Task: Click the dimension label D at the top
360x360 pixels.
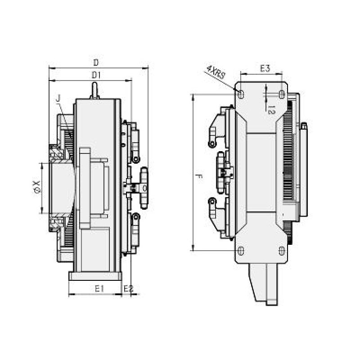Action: [x=95, y=62]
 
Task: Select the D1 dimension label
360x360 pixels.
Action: [x=95, y=75]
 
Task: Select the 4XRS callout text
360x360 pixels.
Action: [x=216, y=72]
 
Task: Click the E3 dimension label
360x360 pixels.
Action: [x=265, y=68]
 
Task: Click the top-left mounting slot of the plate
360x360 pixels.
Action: [x=241, y=94]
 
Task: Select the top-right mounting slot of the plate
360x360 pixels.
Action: [x=282, y=94]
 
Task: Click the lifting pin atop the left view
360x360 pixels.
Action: [x=94, y=90]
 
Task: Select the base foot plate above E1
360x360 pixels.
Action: [x=96, y=275]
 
